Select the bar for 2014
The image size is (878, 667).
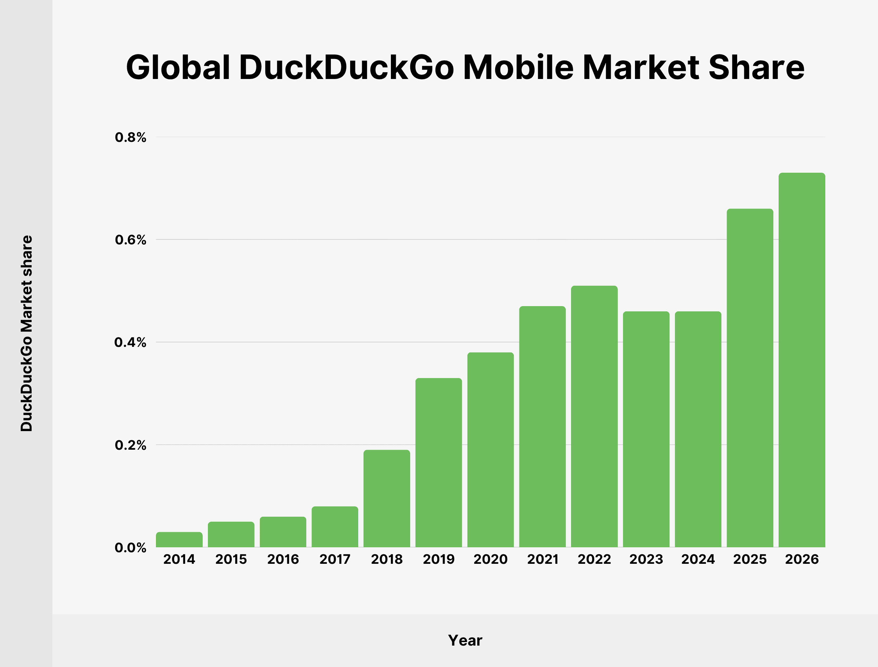(x=179, y=540)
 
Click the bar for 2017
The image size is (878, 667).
(x=335, y=527)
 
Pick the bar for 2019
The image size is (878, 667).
(x=438, y=463)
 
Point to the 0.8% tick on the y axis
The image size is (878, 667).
(x=130, y=137)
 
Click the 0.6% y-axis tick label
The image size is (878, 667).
(x=130, y=240)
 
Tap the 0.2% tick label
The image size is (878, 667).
(x=130, y=445)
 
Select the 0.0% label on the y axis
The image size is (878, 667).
(x=130, y=548)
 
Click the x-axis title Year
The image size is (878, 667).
(x=465, y=640)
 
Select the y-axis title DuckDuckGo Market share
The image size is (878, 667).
(x=26, y=333)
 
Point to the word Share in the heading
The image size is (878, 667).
(x=756, y=67)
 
